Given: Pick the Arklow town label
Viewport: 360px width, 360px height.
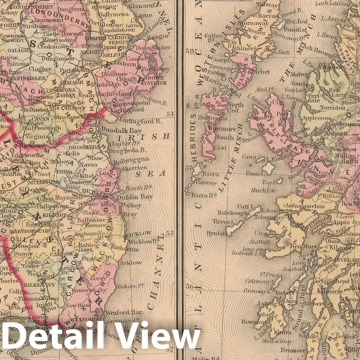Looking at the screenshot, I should (131, 263).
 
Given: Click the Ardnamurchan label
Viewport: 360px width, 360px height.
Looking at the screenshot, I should (305, 206).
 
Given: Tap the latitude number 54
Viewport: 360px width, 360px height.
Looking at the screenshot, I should (170, 114).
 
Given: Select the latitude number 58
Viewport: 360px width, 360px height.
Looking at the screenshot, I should (190, 51).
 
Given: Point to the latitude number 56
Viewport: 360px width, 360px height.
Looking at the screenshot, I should (190, 286).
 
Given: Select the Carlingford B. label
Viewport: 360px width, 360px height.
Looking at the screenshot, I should (141, 121).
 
